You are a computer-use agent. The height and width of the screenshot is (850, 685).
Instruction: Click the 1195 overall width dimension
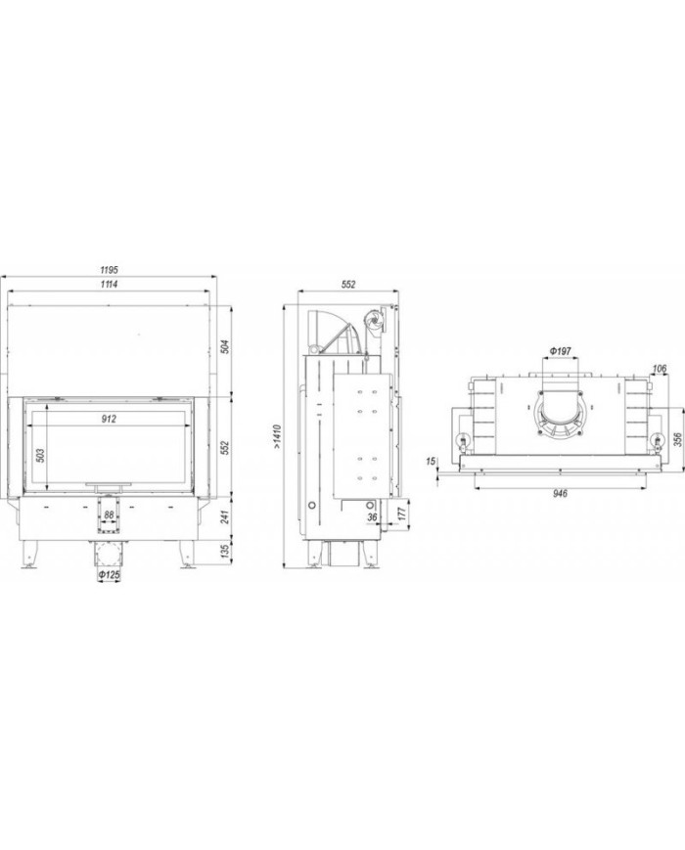coord(109,269)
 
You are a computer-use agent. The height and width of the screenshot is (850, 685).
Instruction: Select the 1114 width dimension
coord(109,284)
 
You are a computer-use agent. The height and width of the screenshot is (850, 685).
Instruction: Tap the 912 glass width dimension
coord(109,419)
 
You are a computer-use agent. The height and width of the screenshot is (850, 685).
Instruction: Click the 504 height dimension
coord(225,346)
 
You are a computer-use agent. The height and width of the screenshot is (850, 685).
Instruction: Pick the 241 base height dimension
coord(225,516)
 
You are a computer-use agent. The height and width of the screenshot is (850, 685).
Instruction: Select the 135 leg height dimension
coord(225,552)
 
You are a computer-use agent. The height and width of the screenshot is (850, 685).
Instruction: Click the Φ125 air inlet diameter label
coord(109,574)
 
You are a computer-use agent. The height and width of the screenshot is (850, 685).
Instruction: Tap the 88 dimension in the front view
coord(109,514)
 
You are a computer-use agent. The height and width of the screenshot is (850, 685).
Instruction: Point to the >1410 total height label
coord(277,437)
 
